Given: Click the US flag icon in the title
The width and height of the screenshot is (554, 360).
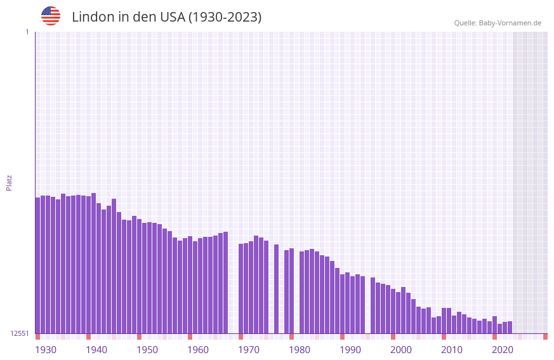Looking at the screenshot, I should pyautogui.click(x=51, y=16).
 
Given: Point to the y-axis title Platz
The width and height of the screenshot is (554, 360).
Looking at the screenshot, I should pyautogui.click(x=9, y=182).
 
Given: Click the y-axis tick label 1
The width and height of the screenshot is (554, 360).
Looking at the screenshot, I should pyautogui.click(x=27, y=32).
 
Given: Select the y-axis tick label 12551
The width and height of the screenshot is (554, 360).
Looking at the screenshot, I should pyautogui.click(x=20, y=333).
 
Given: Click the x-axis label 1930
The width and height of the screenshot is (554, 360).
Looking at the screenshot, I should pyautogui.click(x=46, y=350).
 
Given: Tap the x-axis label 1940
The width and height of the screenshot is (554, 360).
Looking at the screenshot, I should pyautogui.click(x=96, y=350).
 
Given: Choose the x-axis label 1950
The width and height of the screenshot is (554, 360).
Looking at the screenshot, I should pyautogui.click(x=147, y=350).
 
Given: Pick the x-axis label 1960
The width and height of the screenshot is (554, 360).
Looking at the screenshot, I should pyautogui.click(x=198, y=350).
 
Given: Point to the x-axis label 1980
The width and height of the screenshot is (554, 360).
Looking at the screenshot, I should pyautogui.click(x=300, y=350).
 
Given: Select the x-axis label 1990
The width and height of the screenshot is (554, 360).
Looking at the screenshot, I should pyautogui.click(x=350, y=350).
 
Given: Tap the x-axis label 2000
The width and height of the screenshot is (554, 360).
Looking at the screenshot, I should pyautogui.click(x=401, y=350).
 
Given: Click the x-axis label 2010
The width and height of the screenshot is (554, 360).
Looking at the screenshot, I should pyautogui.click(x=452, y=350).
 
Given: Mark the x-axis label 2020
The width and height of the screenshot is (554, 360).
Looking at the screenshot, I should pyautogui.click(x=503, y=350).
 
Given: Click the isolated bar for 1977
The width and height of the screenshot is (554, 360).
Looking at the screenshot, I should pyautogui.click(x=276, y=289).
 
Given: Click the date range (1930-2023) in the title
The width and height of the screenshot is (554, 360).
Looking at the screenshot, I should pyautogui.click(x=225, y=17).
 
